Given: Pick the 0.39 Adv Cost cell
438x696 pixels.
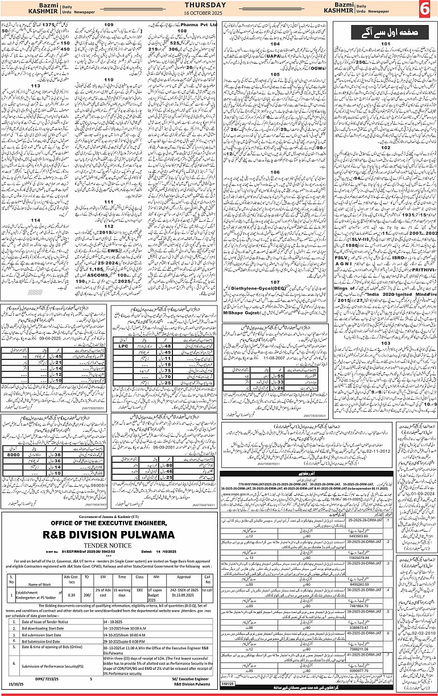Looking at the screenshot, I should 71,591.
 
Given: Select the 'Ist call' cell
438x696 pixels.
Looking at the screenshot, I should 208,591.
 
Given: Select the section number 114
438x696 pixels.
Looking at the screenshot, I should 35,219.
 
